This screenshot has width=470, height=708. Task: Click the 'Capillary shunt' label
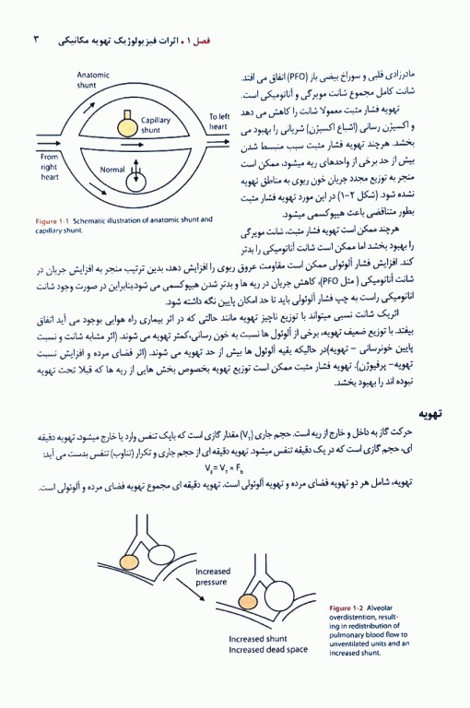(x=157, y=125)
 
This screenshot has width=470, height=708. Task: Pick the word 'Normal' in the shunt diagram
(x=112, y=170)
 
